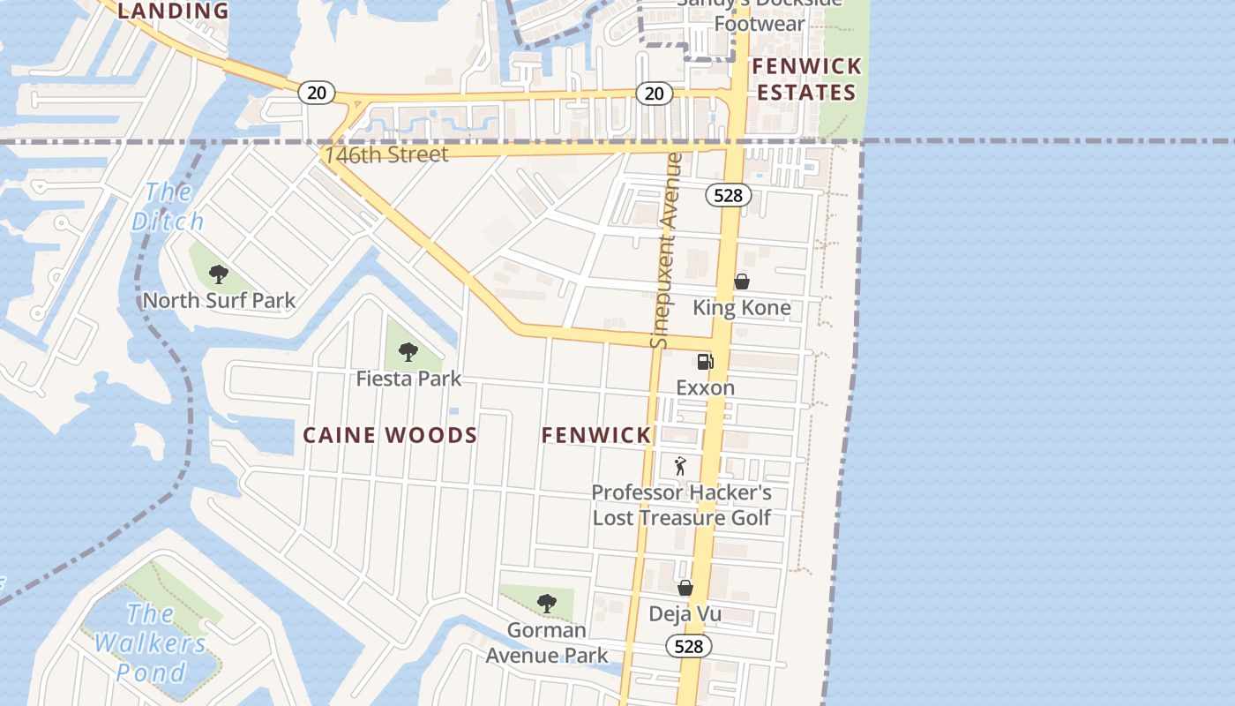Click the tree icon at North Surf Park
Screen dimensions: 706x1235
tap(219, 274)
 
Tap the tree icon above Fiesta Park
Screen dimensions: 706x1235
tap(408, 352)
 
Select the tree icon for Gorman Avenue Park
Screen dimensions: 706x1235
tap(546, 604)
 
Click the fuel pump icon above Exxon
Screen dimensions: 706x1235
tap(705, 361)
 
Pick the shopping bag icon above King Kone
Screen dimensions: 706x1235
tap(742, 282)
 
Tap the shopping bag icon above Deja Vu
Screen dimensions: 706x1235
tap(685, 588)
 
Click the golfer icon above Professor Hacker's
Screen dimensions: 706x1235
tap(680, 466)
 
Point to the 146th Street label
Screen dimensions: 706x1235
tap(386, 155)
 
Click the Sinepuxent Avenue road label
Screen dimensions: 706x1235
tap(667, 251)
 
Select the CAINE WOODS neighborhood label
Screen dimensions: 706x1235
tap(390, 435)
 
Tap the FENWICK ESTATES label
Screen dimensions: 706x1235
tap(806, 79)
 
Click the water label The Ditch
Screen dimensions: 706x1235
tap(168, 207)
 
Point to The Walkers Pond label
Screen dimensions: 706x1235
tap(152, 642)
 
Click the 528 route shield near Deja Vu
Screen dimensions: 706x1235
tap(688, 647)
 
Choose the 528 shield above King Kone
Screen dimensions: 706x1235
tap(728, 195)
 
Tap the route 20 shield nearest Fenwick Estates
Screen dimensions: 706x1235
tap(653, 94)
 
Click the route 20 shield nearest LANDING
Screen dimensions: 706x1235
tap(316, 92)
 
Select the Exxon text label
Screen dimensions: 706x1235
tap(705, 387)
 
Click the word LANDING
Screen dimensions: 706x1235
tap(173, 11)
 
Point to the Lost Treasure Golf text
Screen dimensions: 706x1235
tap(681, 518)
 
